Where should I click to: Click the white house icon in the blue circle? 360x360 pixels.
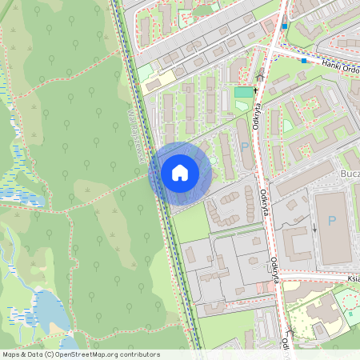[x=180, y=173]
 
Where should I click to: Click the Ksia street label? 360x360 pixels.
[x=354, y=278]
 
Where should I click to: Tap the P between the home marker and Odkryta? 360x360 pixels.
[x=244, y=146]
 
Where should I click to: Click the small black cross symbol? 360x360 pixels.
[x=257, y=90]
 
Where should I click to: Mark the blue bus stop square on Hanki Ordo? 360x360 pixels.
[x=304, y=60]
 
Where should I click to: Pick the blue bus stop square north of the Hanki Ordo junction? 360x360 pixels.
[x=284, y=26]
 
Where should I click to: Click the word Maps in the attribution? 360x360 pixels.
[x=11, y=354]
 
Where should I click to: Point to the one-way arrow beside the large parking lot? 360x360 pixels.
[x=314, y=227]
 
